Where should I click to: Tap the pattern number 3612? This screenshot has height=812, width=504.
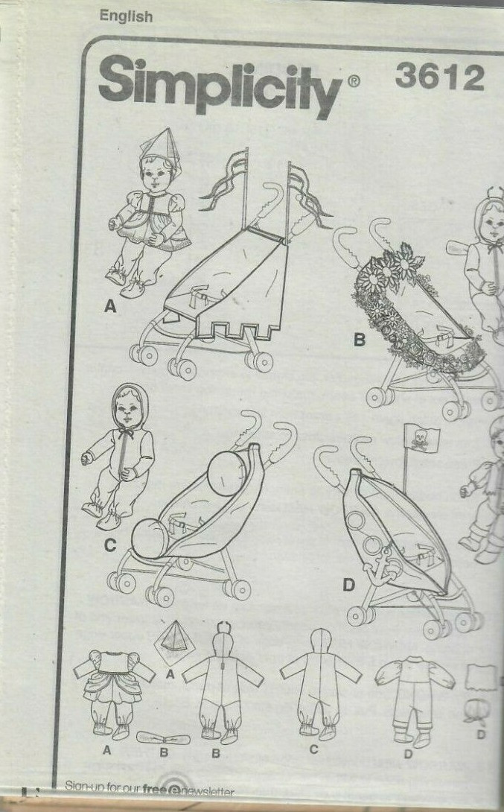pos(439,77)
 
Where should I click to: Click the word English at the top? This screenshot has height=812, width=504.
pos(126,16)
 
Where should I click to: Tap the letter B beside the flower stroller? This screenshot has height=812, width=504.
pos(360,341)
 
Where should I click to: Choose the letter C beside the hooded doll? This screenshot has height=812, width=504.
pos(109,545)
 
